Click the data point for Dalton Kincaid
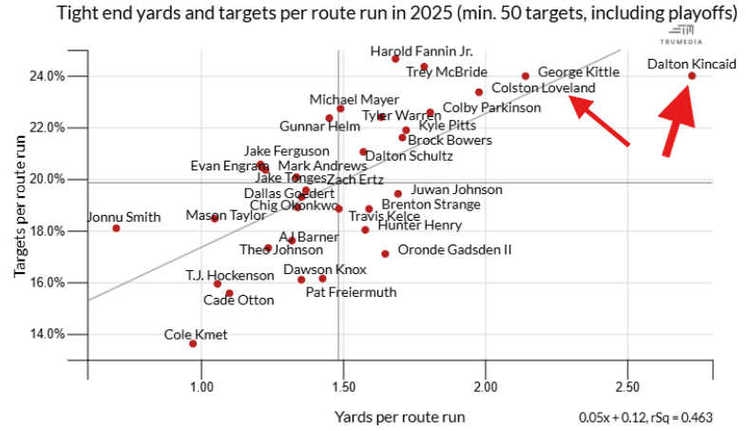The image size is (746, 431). point(692,76)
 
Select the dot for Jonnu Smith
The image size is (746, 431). point(116,228)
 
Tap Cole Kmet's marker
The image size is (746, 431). point(193,343)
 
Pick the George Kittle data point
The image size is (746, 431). point(526,76)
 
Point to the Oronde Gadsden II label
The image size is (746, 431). point(454,250)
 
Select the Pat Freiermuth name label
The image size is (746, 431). point(351,292)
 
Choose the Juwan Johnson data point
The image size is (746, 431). point(398,194)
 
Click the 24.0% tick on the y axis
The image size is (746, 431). point(47,76)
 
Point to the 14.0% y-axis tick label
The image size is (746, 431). point(47,334)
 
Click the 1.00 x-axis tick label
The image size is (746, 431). point(201,388)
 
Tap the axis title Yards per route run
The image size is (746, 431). point(400,416)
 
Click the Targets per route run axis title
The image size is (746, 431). point(20,205)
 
